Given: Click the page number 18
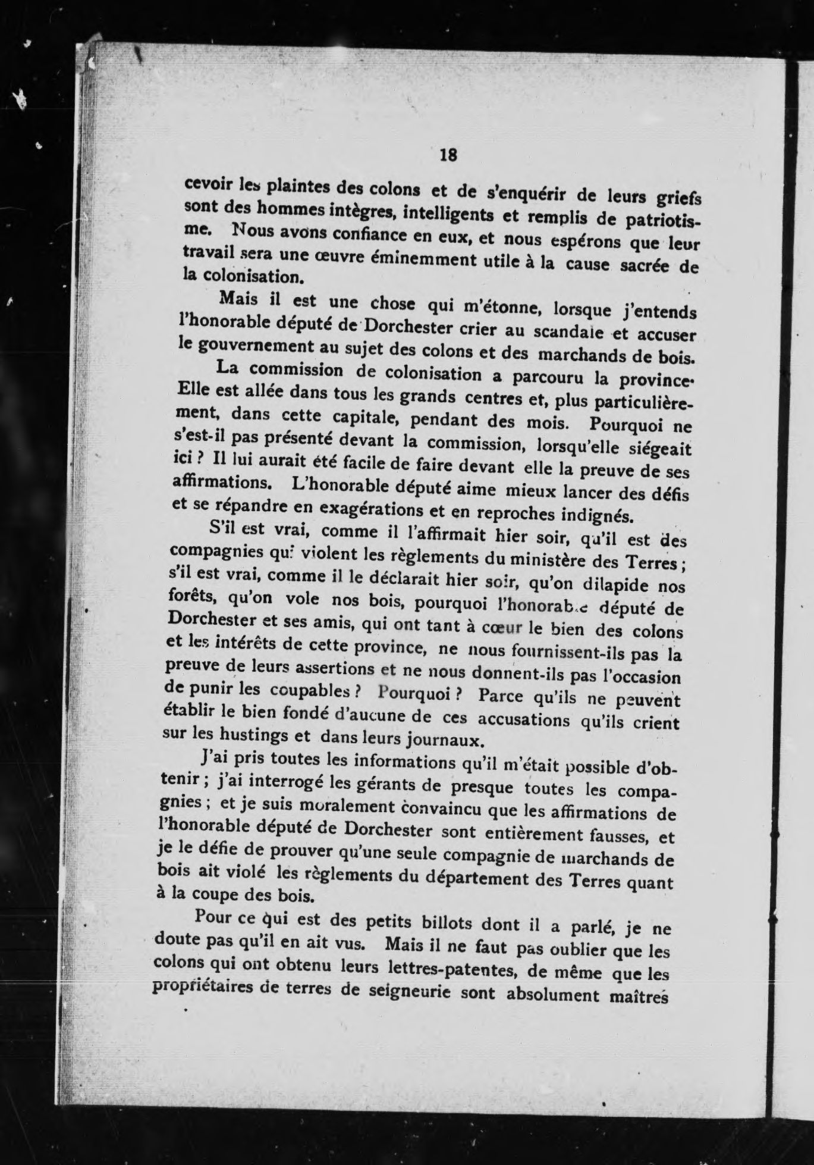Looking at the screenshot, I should click(x=448, y=155).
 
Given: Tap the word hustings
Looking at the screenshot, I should click(x=246, y=734).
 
